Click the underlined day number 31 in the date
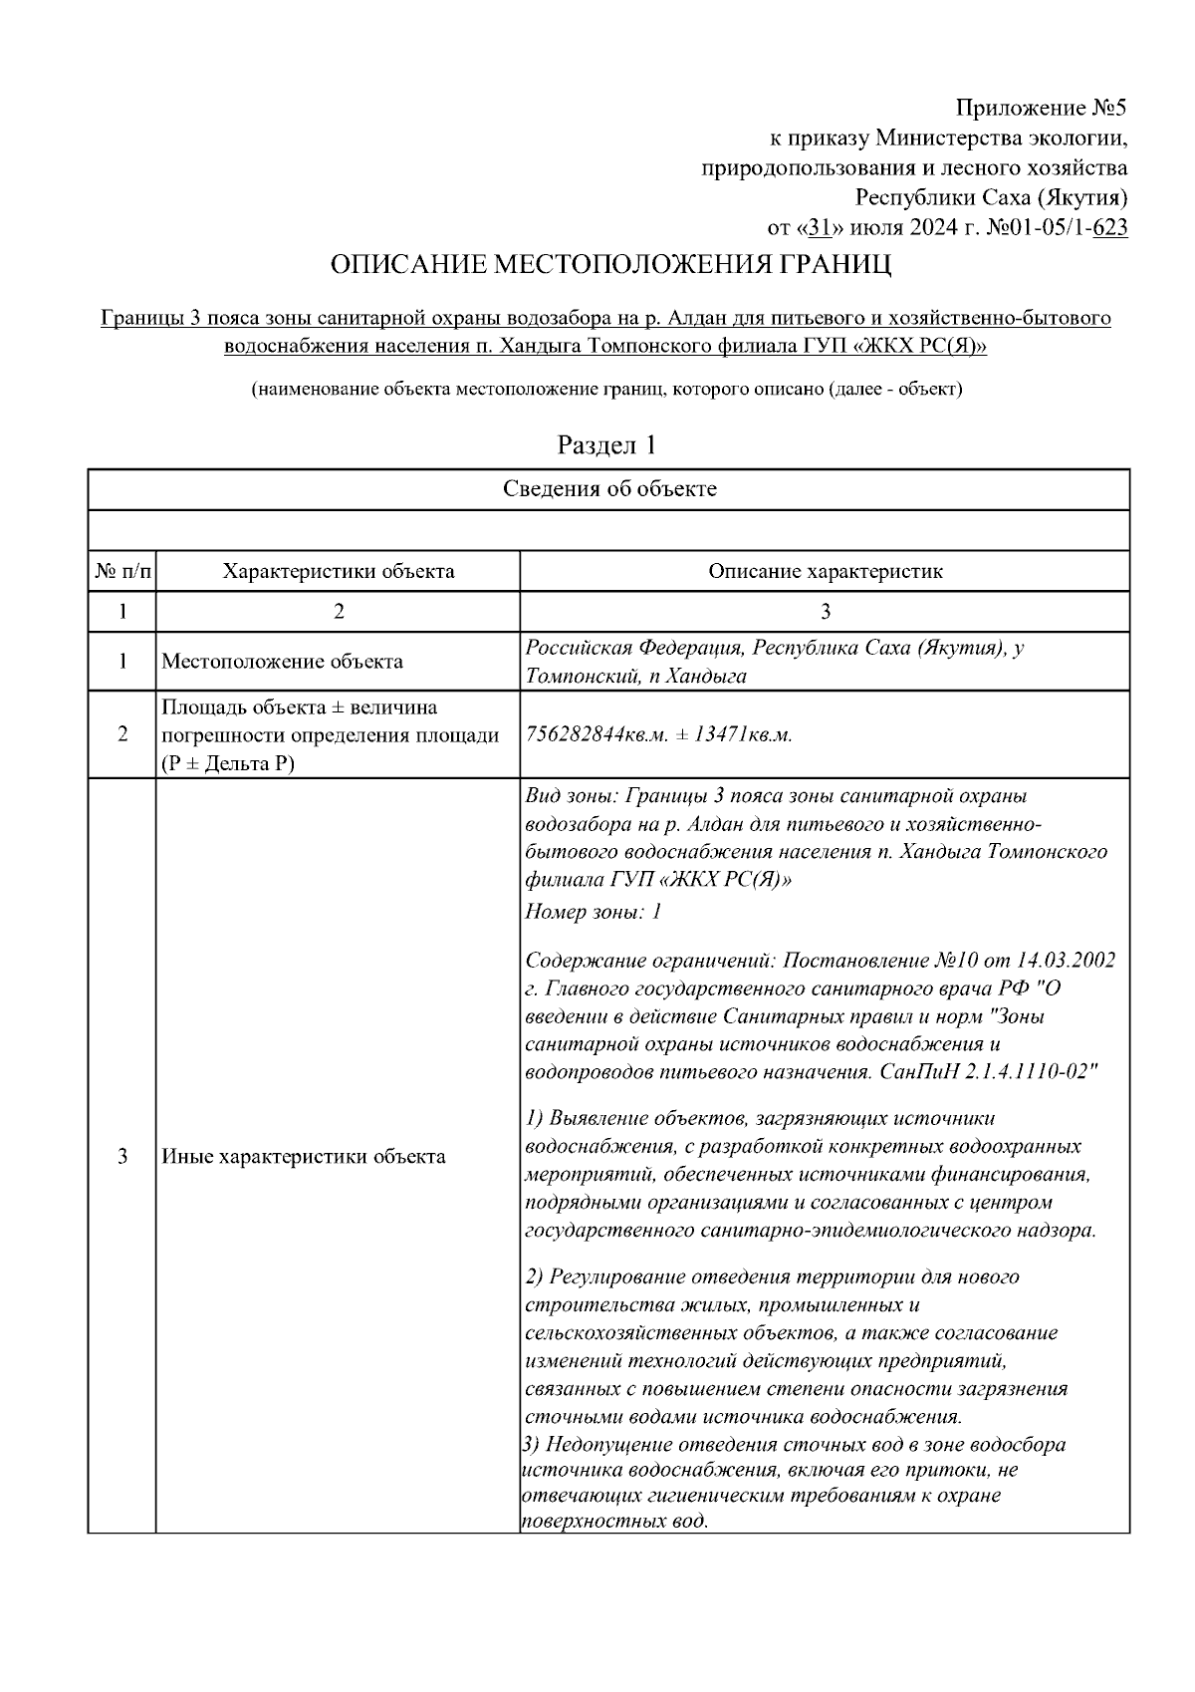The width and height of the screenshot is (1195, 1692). [819, 228]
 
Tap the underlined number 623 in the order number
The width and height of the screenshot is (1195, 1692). [1110, 228]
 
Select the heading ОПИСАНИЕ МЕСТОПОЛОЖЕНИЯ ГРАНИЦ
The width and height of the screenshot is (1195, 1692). [610, 266]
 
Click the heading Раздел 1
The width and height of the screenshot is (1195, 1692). [606, 444]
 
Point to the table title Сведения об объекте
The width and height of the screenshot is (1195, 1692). [608, 489]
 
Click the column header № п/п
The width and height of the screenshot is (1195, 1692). [122, 572]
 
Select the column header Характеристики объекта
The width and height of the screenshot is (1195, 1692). [339, 572]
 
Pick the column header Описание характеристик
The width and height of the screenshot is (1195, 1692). [825, 572]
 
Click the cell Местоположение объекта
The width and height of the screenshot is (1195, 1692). [282, 662]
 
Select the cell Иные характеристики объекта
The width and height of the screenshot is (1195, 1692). [303, 1157]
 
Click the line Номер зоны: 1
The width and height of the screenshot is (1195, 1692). [593, 911]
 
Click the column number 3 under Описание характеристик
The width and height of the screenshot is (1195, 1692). [825, 612]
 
